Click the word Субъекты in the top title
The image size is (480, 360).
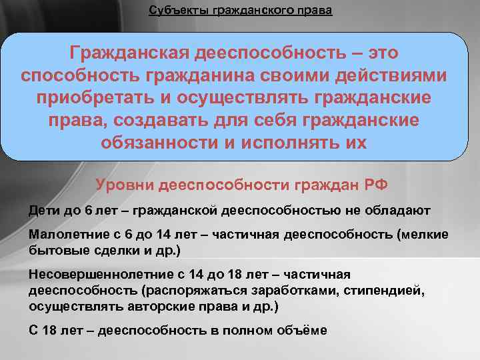pos(175,11)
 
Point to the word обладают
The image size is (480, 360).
pos(400,211)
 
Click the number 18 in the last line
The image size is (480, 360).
pos(49,331)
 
